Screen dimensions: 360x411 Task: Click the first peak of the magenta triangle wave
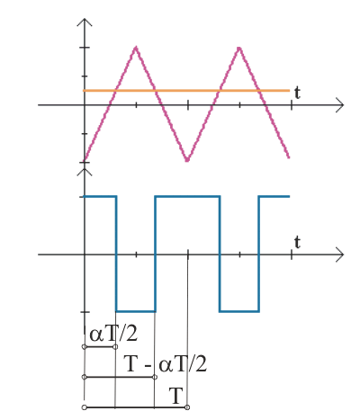[136, 48]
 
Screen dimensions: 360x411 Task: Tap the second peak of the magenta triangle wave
[239, 48]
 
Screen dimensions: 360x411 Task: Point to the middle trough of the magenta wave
[187, 160]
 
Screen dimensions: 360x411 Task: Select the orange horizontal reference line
[186, 90]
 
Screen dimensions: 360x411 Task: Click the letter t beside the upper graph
[297, 93]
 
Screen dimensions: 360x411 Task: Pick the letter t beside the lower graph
[297, 242]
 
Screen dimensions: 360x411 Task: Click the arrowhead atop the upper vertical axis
[85, 22]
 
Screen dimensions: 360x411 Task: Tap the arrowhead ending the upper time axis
[339, 105]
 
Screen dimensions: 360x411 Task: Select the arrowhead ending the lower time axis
[339, 255]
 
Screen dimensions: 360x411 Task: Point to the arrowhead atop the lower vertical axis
[85, 172]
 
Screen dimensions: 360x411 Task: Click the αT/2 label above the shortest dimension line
[113, 334]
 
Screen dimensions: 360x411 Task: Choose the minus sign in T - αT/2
[148, 366]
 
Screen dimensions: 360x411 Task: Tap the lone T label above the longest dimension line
[176, 396]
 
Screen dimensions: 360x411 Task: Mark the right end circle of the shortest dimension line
[115, 347]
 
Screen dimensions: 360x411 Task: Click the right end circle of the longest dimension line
[187, 407]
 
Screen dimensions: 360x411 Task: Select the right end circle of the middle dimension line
[155, 377]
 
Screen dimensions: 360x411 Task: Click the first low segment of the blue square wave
[136, 311]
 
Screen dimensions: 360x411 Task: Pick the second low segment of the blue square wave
[239, 311]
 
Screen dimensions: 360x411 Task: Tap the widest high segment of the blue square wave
[187, 197]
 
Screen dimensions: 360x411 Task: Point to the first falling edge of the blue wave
[116, 254]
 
